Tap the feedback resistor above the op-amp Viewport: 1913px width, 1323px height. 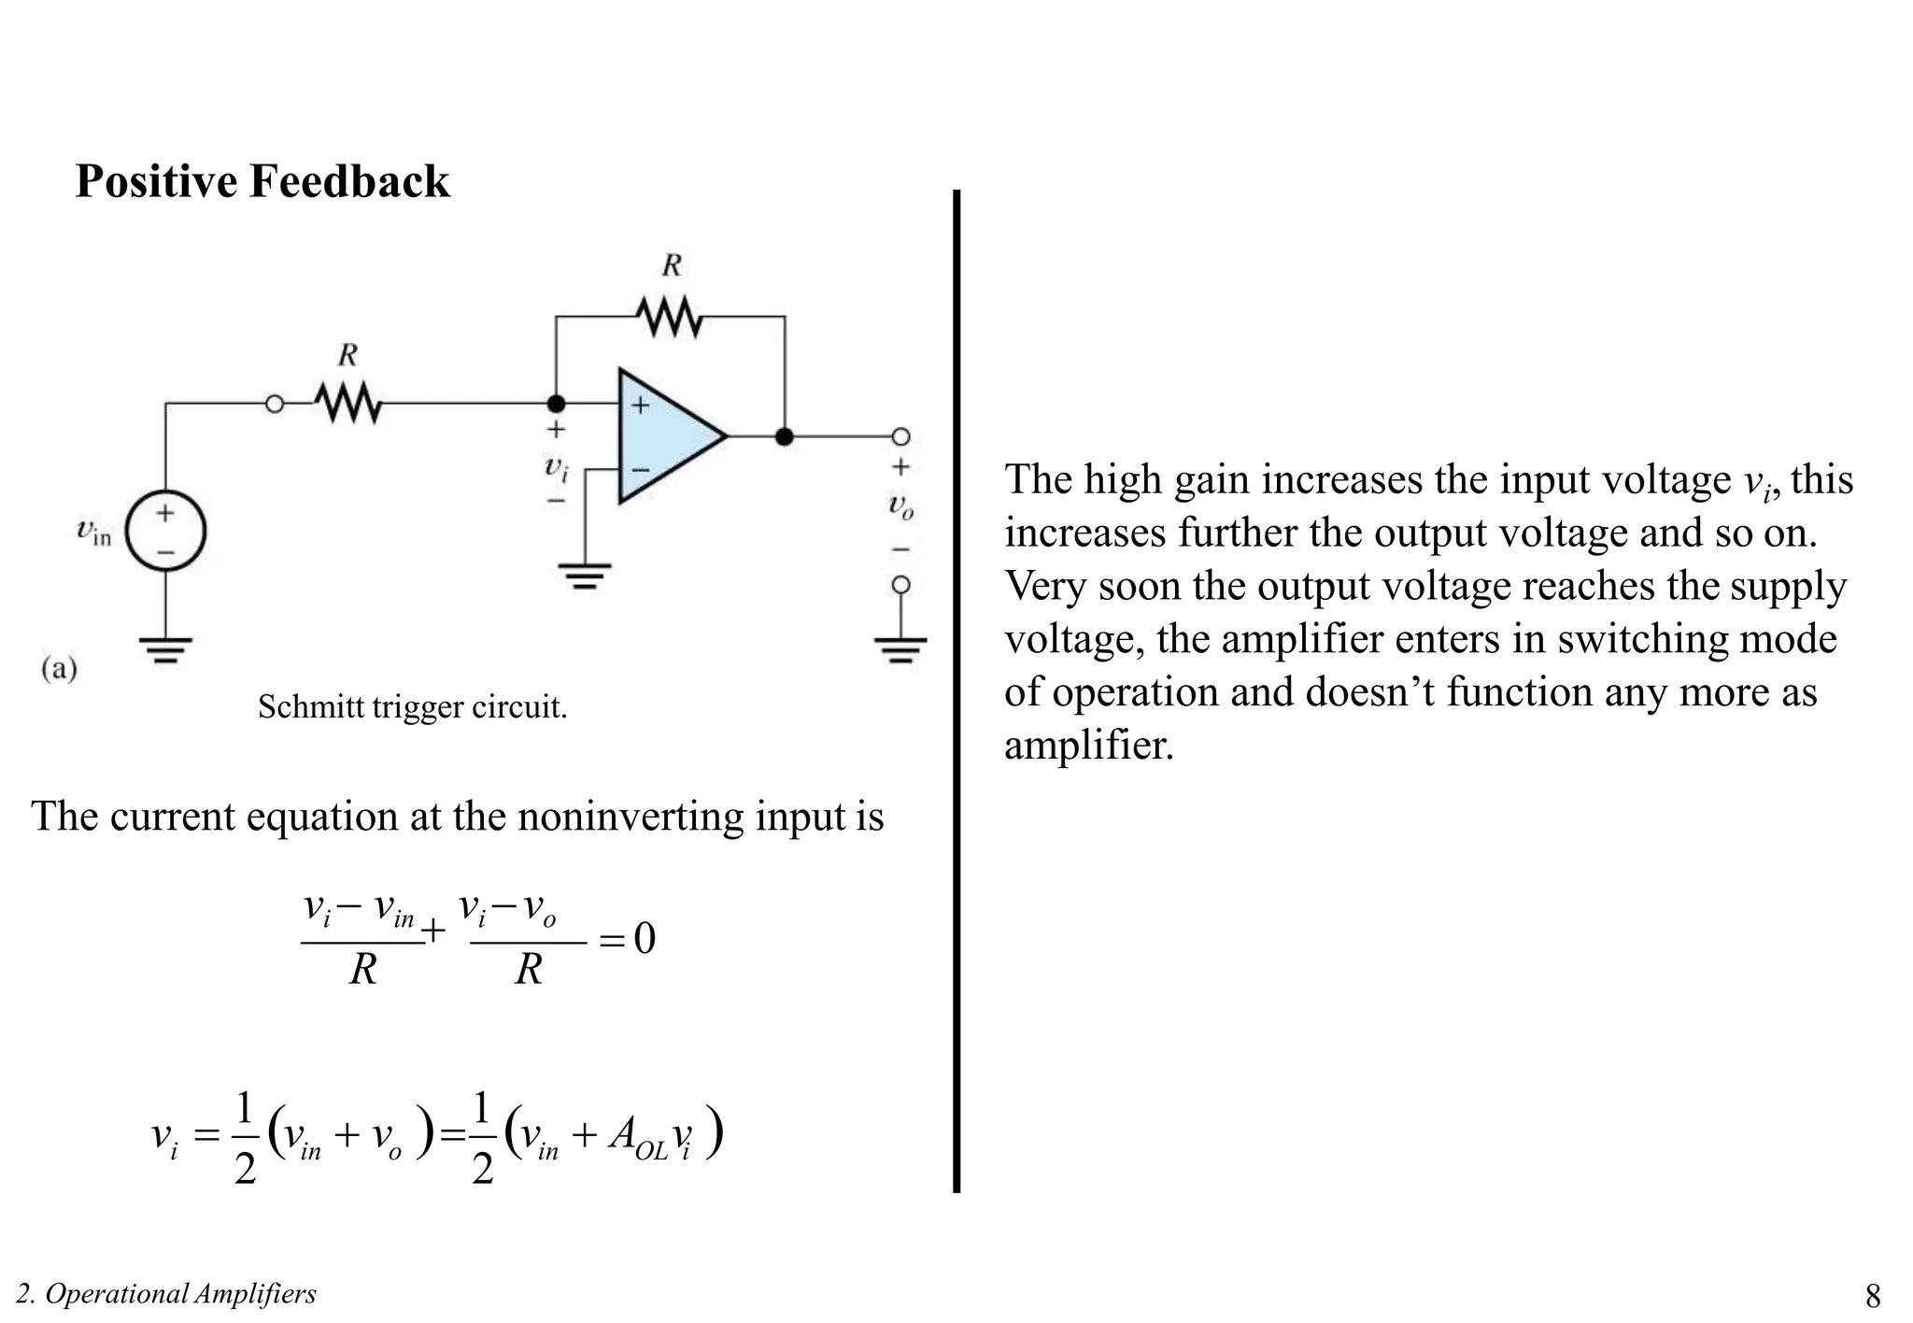670,317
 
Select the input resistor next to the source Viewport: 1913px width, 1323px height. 347,405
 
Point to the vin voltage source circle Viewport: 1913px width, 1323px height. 165,532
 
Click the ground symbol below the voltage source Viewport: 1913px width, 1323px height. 165,648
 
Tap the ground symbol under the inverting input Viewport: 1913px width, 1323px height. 585,576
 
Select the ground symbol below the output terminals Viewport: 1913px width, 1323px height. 900,648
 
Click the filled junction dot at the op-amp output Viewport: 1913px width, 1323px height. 785,436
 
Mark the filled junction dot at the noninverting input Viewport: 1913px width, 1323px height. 556,404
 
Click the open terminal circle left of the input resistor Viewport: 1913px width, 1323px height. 275,405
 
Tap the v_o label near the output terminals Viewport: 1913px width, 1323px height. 900,506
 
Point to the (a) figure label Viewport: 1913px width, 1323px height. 60,669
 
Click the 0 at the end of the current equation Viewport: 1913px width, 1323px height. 645,938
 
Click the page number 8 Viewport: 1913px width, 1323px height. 1873,1296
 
